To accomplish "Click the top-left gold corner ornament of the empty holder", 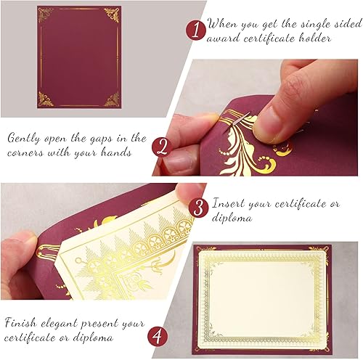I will pyautogui.click(x=46, y=14).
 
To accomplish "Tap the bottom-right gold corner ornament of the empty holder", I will pyautogui.click(x=111, y=99).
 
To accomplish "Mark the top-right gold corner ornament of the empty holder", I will pyautogui.click(x=112, y=14).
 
